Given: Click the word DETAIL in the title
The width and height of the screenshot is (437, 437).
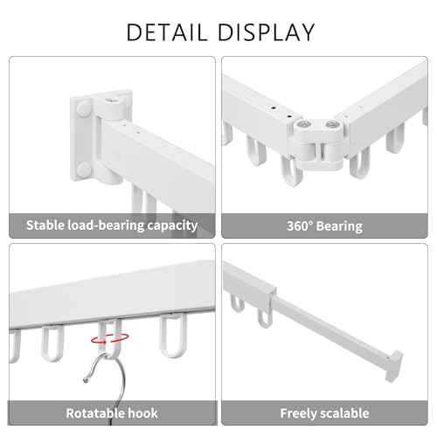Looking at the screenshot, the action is click(x=167, y=32).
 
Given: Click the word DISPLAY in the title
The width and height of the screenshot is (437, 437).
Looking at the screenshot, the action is click(x=267, y=32).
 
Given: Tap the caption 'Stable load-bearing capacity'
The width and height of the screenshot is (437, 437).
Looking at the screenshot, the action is click(x=112, y=225).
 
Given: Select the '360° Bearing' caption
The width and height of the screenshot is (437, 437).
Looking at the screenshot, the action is click(x=324, y=226).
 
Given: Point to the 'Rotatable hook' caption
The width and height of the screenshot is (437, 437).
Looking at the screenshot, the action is click(x=112, y=413).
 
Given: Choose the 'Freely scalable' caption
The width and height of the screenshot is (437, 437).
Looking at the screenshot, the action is click(x=324, y=413).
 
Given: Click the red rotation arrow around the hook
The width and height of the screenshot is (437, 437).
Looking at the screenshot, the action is click(x=110, y=338).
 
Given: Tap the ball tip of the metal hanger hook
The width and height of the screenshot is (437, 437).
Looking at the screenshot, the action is click(x=86, y=379).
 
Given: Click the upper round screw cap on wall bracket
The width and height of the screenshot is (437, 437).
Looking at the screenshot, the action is click(x=84, y=108).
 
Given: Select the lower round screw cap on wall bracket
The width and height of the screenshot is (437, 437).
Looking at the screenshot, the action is click(x=84, y=170).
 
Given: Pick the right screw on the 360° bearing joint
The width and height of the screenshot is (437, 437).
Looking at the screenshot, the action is click(x=331, y=125).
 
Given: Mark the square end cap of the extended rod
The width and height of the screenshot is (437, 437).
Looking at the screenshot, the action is click(x=395, y=366).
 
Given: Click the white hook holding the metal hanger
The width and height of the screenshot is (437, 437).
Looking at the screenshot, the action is click(x=109, y=339).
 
